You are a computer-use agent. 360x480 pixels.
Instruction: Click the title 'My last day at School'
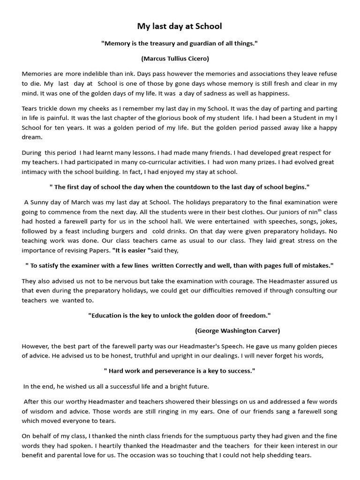coord(180,26)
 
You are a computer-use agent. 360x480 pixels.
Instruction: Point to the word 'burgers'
coord(122,231)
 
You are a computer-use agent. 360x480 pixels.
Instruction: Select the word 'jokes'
coord(326,222)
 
